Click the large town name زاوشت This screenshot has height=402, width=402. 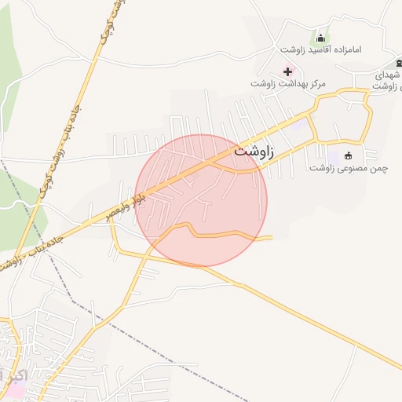[254, 152]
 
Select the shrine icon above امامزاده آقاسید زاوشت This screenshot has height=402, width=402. [320, 38]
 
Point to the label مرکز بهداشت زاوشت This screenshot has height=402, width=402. [288, 83]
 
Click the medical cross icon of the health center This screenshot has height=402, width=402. [288, 71]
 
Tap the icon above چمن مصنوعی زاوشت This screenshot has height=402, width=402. [349, 155]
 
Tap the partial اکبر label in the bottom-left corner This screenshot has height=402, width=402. [13, 375]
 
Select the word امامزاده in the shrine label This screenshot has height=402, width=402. [344, 50]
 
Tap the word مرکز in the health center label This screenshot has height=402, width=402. [316, 83]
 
